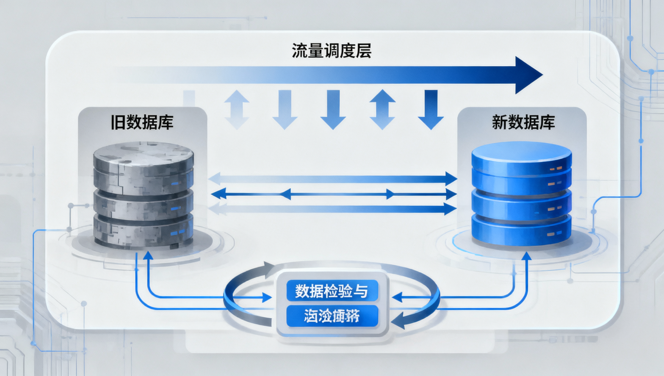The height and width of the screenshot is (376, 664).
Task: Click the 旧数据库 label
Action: [x=142, y=123]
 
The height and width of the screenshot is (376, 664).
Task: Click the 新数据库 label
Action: [x=523, y=123]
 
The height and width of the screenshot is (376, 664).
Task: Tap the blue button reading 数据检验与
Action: [x=332, y=291]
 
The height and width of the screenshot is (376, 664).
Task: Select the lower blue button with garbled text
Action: [x=332, y=316]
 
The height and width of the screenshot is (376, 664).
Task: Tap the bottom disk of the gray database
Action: [x=143, y=232]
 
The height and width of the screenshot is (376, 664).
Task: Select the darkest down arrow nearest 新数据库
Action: [x=431, y=110]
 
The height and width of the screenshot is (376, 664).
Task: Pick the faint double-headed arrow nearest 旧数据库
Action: [x=236, y=110]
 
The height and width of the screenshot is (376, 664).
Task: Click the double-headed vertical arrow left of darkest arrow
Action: [x=382, y=110]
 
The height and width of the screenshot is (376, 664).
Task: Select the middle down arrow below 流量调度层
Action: [x=333, y=110]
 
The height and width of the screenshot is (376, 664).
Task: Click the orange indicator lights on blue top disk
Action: [x=556, y=168]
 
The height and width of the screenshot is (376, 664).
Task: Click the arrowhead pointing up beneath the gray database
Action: [x=148, y=256]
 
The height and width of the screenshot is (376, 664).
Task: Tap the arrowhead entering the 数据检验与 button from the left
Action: [x=267, y=298]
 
